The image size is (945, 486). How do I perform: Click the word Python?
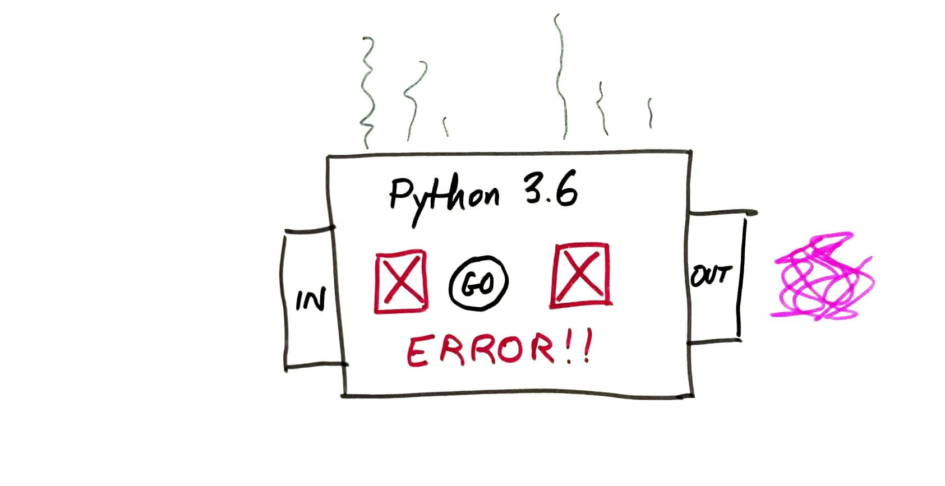click(443, 198)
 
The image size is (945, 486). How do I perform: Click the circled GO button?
click(478, 284)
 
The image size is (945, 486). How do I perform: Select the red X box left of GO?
click(400, 281)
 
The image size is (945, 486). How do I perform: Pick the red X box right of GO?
click(580, 275)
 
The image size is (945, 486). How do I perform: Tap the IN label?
click(311, 300)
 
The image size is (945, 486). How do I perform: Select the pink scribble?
click(823, 276)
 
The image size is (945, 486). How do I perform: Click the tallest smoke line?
click(561, 76)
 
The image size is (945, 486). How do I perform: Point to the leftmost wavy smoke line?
click(368, 92)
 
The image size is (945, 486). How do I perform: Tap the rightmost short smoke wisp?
click(650, 113)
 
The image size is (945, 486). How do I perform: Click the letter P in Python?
click(399, 193)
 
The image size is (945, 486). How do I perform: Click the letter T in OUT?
click(723, 275)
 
